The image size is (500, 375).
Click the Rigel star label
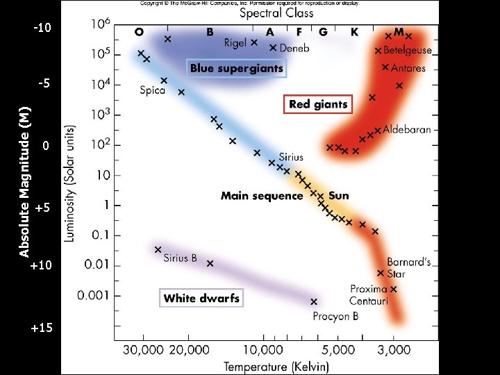pyautogui.click(x=235, y=43)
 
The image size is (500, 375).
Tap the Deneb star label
pyautogui.click(x=294, y=49)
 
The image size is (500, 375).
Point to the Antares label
pyautogui.click(x=408, y=68)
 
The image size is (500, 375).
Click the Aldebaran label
pyautogui.click(x=407, y=130)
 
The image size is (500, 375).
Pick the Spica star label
pyautogui.click(x=152, y=90)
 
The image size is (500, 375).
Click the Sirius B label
pyautogui.click(x=181, y=258)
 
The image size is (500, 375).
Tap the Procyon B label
pyautogui.click(x=335, y=317)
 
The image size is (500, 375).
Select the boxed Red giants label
pyautogui.click(x=319, y=105)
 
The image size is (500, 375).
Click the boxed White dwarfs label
pyautogui.click(x=201, y=299)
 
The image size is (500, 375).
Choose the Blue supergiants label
pyautogui.click(x=237, y=68)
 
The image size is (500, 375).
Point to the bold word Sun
pyautogui.click(x=339, y=196)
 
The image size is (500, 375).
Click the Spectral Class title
pyautogui.click(x=276, y=13)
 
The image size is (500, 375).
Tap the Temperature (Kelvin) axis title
pyautogui.click(x=276, y=365)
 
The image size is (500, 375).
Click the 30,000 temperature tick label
pyautogui.click(x=142, y=349)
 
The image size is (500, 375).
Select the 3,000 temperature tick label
pyautogui.click(x=394, y=349)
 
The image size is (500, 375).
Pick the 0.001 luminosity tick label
pyautogui.click(x=93, y=295)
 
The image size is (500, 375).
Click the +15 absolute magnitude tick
pyautogui.click(x=42, y=327)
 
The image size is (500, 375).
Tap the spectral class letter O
pyautogui.click(x=140, y=32)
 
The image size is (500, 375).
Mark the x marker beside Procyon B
pyautogui.click(x=314, y=301)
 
